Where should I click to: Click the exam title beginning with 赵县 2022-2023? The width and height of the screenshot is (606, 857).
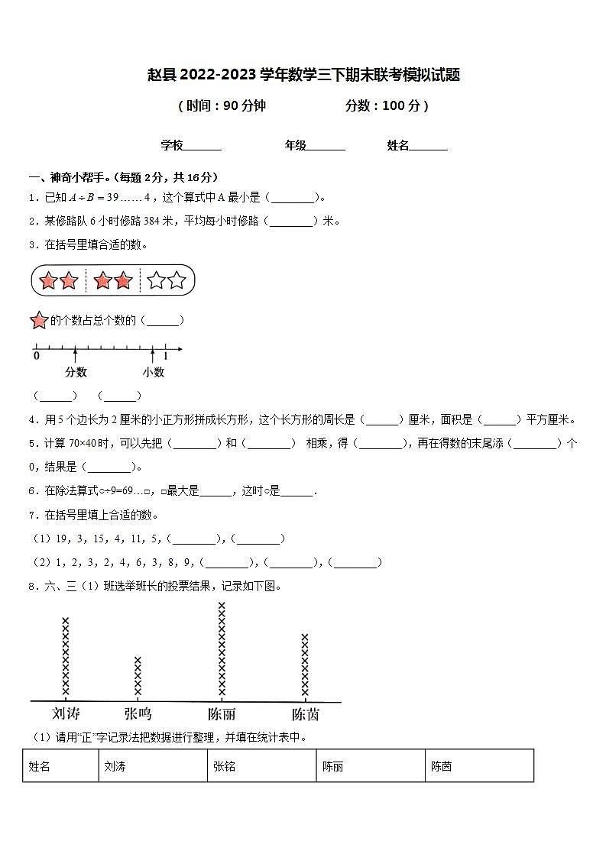tap(303, 75)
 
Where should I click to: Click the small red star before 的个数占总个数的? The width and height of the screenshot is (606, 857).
tap(39, 321)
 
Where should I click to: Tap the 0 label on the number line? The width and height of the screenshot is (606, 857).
tap(36, 355)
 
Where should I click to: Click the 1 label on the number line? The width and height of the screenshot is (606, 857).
tap(166, 355)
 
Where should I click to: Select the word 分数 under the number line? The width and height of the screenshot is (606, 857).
tap(76, 372)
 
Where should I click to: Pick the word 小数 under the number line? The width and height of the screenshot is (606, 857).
tap(153, 372)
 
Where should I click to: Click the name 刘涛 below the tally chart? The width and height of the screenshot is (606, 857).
tap(66, 714)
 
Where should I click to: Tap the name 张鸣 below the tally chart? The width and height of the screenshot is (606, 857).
tap(138, 714)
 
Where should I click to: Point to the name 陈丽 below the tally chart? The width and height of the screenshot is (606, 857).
tap(222, 714)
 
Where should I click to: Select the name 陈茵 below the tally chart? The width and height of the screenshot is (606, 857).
tap(305, 714)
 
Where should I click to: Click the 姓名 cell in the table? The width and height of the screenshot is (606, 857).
tap(39, 766)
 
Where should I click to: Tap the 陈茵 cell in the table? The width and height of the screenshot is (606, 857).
tap(441, 766)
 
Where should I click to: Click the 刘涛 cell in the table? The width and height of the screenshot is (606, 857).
tap(115, 766)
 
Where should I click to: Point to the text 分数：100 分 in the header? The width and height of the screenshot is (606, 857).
tap(386, 106)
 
